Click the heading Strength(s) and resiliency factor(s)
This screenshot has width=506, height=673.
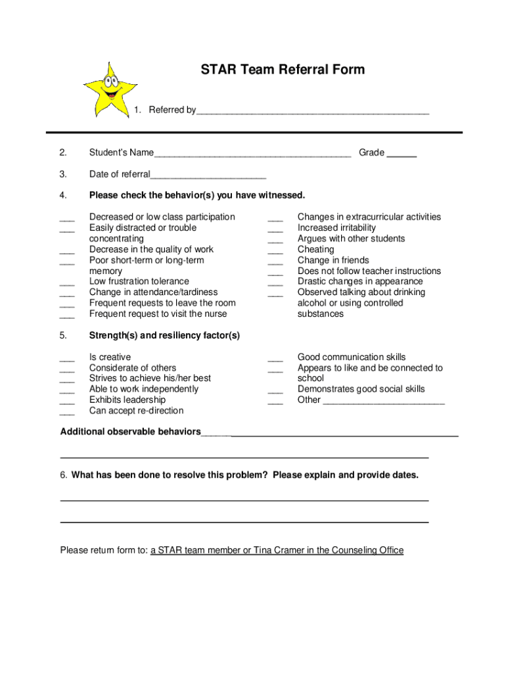coord(164,335)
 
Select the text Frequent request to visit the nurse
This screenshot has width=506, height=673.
coord(158,313)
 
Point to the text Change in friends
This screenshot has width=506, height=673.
coord(333,260)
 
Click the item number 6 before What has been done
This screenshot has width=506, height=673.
coord(63,475)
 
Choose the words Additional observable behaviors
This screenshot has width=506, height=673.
coord(131,432)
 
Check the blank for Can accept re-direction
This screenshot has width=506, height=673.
coord(67,412)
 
